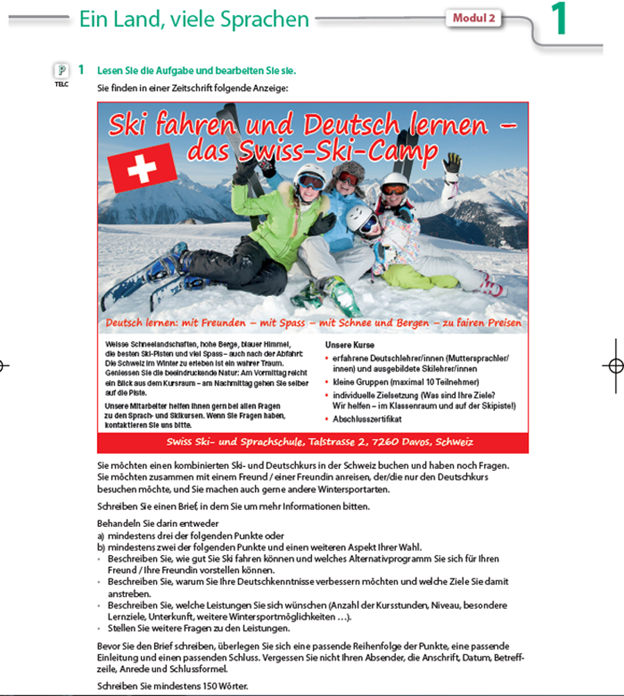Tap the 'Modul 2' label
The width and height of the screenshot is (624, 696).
coord(474,18)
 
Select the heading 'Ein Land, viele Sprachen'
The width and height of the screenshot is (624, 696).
coord(194,19)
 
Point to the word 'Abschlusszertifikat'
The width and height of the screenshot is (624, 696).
coord(366,419)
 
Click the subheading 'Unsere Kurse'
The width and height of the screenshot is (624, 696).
coord(349,345)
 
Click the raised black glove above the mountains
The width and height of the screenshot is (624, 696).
coord(452,164)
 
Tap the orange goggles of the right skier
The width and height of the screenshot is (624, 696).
coord(395,189)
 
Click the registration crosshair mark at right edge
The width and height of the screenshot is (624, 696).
coord(613,366)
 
